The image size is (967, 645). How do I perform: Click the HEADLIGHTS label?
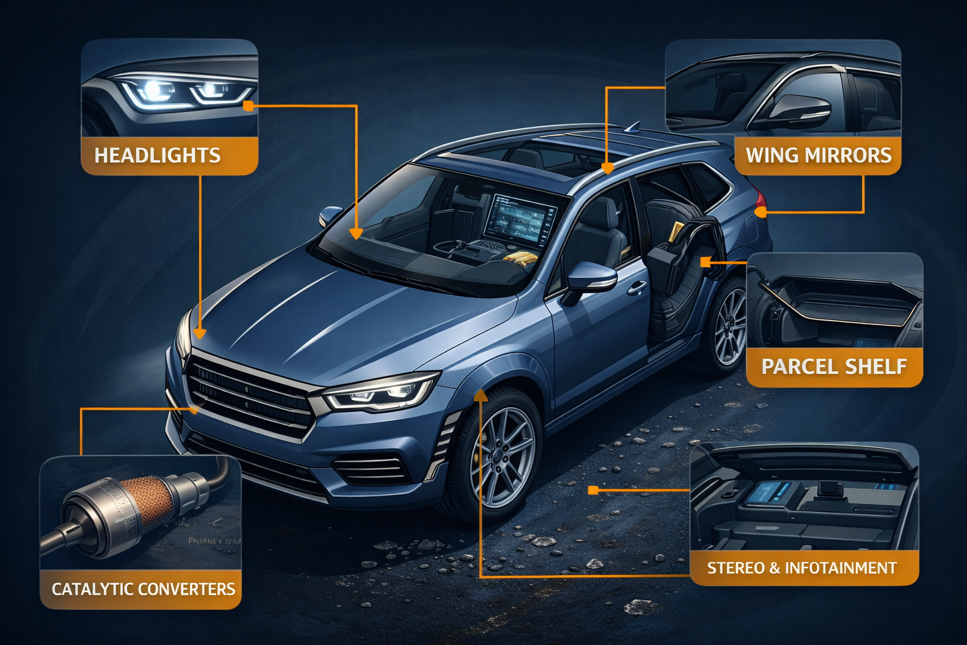point(157,156)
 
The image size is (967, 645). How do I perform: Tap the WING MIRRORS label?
point(818,155)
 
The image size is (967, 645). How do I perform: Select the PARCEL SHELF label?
point(834,366)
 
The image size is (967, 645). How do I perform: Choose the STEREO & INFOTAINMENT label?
point(801,568)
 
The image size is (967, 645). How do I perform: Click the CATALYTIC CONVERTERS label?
point(143,589)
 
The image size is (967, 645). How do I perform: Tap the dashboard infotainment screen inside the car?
point(519,220)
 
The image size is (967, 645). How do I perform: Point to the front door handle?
point(636,288)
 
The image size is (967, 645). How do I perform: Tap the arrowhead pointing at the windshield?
point(356,234)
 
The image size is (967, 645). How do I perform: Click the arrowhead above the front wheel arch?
point(480,395)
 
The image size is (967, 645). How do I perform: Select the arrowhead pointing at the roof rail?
point(607,168)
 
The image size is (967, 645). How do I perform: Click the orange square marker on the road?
point(592,489)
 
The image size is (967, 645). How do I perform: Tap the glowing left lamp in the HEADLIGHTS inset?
point(154,91)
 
